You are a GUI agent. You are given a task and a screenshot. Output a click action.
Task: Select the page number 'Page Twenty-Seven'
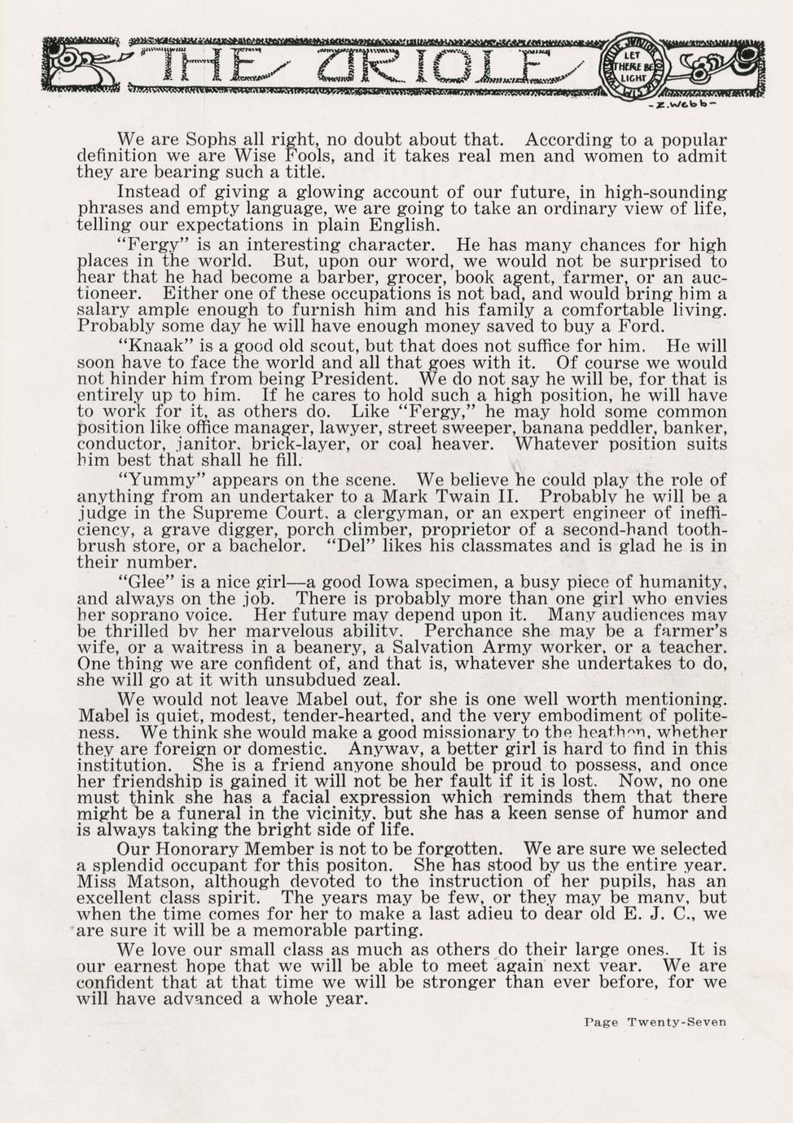pyautogui.click(x=655, y=1022)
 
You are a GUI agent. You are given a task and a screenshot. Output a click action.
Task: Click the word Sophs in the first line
pyautogui.click(x=204, y=139)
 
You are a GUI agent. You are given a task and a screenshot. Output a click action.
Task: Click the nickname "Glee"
pyautogui.click(x=143, y=582)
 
